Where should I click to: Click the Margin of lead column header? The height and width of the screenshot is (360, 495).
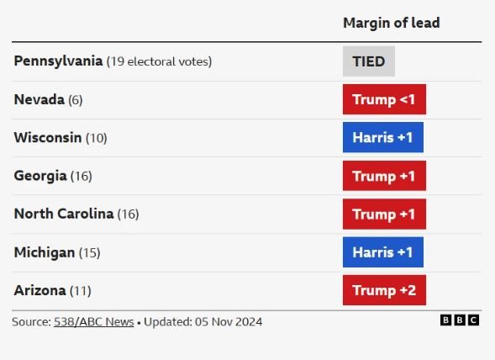tap(391, 23)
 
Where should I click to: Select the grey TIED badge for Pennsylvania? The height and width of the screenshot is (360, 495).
tap(369, 61)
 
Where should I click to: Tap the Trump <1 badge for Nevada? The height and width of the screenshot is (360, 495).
tap(384, 99)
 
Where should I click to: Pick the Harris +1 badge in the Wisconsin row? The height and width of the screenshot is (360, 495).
tap(383, 137)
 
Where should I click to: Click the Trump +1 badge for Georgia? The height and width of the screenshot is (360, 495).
tap(384, 176)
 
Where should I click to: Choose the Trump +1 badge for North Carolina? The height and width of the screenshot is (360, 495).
tap(384, 214)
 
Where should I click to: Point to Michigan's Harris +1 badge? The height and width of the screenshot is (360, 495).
tap(383, 251)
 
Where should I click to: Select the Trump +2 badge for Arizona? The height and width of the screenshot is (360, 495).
tap(384, 290)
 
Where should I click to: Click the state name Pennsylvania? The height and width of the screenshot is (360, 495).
tap(58, 61)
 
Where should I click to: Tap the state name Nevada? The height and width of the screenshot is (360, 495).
tap(39, 99)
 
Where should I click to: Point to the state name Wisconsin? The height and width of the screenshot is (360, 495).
tap(48, 137)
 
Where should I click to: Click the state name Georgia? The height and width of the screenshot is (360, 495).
tap(40, 176)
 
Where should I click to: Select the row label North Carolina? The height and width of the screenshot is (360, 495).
tap(64, 214)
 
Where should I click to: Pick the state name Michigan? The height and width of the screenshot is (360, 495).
tap(45, 252)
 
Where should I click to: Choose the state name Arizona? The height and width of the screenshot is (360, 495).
tap(39, 290)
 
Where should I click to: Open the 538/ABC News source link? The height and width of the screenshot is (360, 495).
tap(94, 322)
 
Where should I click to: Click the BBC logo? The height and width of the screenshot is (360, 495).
tap(460, 320)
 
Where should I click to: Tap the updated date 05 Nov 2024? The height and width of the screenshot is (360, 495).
tap(229, 322)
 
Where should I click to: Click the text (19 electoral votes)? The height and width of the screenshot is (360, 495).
tap(160, 61)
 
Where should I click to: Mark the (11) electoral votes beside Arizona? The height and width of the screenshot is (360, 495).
tap(81, 291)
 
